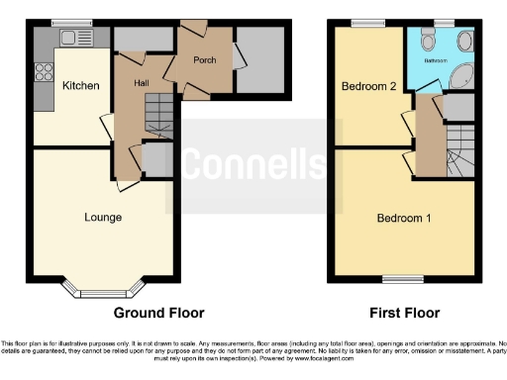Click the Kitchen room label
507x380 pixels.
click(80, 86)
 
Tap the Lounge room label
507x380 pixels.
click(103, 217)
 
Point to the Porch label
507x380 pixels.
click(204, 60)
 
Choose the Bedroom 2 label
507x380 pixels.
click(368, 87)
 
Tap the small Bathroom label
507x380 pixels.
click(438, 60)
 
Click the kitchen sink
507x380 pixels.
click(70, 38)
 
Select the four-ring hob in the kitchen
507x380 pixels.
click(45, 71)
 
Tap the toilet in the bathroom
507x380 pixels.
click(428, 40)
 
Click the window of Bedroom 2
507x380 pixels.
click(370, 23)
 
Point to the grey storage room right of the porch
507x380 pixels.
click(259, 62)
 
